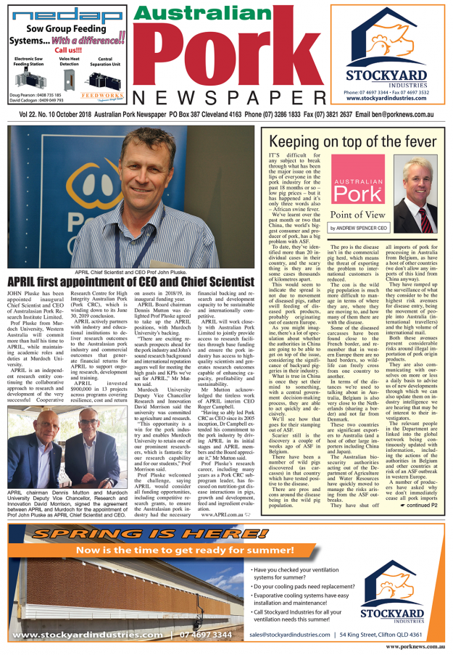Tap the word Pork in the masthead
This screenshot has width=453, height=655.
point(218,61)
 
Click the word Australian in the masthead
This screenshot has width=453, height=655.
point(217,17)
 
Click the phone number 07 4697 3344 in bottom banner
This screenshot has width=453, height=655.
point(206,635)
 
